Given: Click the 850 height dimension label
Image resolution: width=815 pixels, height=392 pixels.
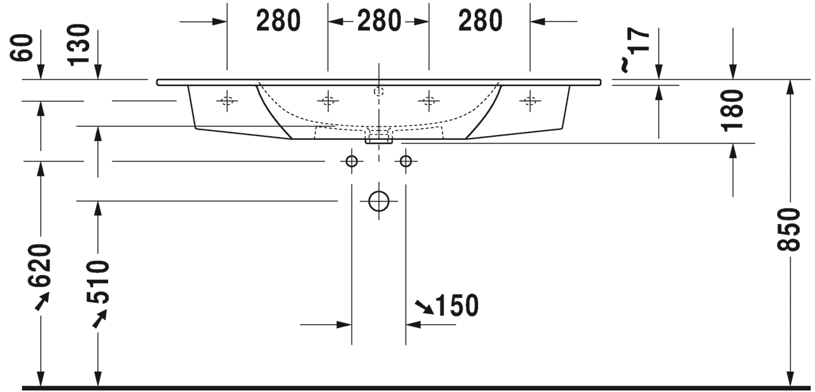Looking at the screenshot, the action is [789, 230].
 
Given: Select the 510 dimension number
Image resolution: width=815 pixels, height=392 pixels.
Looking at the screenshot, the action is [98, 282].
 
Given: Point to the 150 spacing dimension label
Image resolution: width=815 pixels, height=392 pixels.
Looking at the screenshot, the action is [457, 305].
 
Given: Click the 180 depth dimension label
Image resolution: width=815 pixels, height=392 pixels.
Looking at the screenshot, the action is [732, 111].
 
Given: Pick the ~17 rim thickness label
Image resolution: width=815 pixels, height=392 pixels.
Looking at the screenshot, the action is [635, 50].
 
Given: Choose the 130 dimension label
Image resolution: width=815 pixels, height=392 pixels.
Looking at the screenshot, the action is [79, 45].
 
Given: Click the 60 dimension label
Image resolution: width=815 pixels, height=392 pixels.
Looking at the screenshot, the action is [22, 48].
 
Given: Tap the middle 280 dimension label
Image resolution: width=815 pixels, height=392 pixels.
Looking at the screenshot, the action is [379, 21].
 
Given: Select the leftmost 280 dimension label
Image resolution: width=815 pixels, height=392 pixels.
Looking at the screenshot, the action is [279, 21].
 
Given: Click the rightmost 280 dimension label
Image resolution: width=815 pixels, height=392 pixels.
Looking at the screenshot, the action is [480, 21].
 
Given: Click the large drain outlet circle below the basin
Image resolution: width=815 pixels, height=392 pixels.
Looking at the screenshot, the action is [379, 201].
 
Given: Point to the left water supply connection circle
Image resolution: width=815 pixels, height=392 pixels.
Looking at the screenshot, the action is [351, 161].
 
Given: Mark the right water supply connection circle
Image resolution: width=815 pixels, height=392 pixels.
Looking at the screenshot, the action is [406, 161].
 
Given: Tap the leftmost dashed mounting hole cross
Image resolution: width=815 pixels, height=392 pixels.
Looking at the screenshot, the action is [227, 100].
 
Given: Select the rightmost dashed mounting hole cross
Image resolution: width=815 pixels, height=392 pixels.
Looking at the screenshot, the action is [530, 100].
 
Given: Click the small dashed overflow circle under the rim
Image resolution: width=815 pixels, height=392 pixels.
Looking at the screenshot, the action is [379, 91].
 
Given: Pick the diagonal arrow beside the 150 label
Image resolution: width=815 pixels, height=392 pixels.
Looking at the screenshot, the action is [425, 308].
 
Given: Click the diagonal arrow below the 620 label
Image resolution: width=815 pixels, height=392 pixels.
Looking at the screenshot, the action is [42, 302].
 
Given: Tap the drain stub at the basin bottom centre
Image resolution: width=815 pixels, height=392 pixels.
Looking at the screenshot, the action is [379, 139].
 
